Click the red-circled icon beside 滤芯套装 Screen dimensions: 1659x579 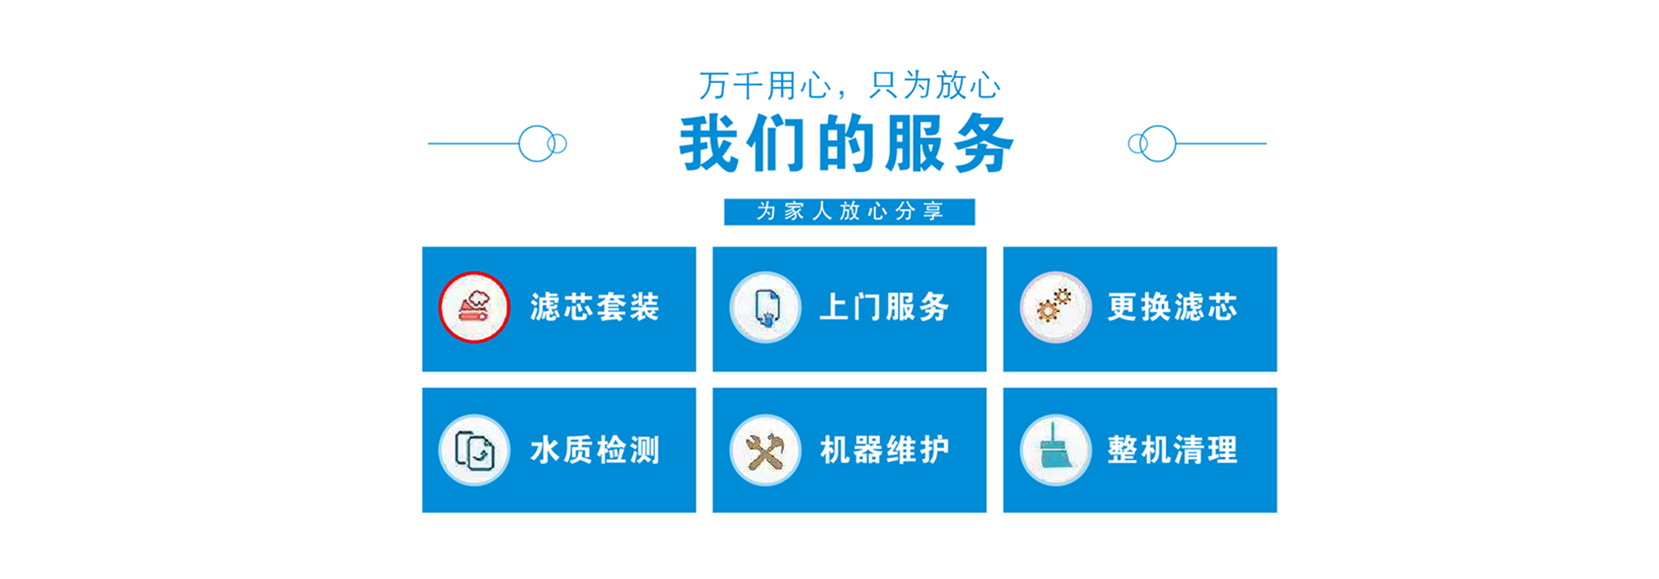coord(474,307)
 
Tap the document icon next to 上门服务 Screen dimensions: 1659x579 coord(766,308)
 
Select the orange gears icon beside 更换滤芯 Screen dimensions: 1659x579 coord(1055,308)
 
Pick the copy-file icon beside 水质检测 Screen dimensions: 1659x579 coord(474,450)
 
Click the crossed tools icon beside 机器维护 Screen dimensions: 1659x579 coord(766,450)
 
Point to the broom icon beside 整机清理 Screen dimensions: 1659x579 coord(1055,450)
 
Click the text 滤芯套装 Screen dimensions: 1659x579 coord(594,307)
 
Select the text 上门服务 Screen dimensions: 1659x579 coord(884,307)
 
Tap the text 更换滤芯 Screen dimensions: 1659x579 coord(1173,307)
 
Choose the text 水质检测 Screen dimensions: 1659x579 coord(594,450)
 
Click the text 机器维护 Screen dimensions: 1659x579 coord(884,450)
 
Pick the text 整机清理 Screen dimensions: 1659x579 coord(1173,450)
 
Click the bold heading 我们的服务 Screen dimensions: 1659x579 coord(847,143)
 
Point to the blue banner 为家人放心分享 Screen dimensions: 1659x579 coord(849,212)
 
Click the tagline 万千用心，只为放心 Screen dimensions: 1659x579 coord(849,86)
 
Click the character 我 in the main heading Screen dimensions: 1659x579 coord(709,143)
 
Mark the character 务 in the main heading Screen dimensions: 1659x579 coord(984,143)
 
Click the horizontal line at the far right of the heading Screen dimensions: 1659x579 coord(1222,143)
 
